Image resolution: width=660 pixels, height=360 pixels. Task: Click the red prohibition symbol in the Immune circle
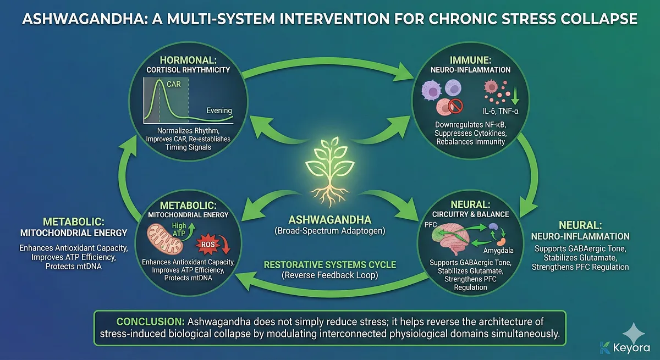tap(456, 107)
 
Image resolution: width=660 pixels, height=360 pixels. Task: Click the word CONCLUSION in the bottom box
tap(150, 321)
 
